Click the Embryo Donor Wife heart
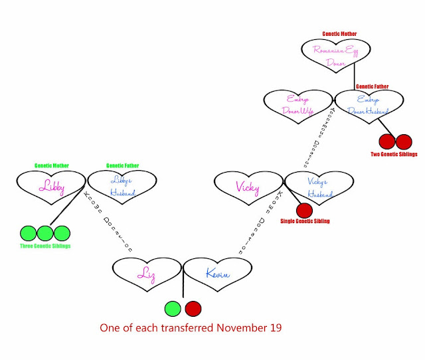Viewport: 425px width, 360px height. point(297,105)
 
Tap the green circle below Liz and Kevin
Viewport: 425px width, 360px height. point(173,309)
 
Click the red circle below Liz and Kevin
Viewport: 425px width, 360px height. point(193,309)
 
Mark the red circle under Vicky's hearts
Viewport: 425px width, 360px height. point(304,211)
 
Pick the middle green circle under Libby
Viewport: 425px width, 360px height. point(44,233)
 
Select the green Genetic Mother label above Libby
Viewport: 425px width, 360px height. point(52,165)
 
